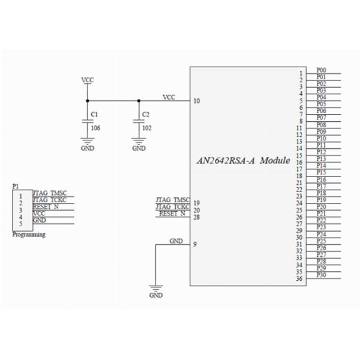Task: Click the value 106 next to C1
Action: pyautogui.click(x=95, y=127)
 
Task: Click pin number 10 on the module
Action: pyautogui.click(x=197, y=101)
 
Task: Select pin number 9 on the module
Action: pyautogui.click(x=195, y=244)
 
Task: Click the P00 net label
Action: pyautogui.click(x=321, y=70)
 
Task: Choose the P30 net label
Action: pyautogui.click(x=321, y=274)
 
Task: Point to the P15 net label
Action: pyautogui.click(x=321, y=172)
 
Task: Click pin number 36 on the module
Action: pyautogui.click(x=299, y=278)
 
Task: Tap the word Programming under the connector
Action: pyautogui.click(x=29, y=235)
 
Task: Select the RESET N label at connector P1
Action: pyautogui.click(x=46, y=206)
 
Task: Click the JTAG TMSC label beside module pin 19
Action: pyautogui.click(x=172, y=200)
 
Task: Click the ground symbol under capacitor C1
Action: pyautogui.click(x=88, y=145)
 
